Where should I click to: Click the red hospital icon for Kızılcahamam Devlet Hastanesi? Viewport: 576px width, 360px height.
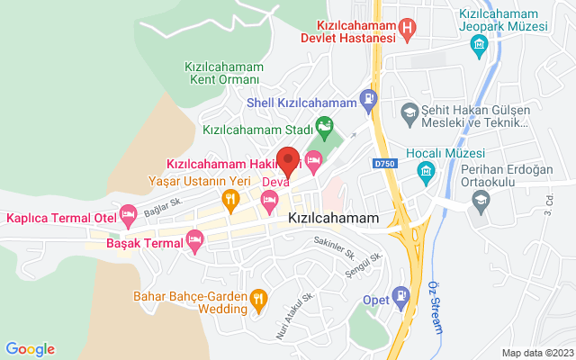point(408,31)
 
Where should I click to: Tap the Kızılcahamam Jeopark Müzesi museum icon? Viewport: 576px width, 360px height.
point(480,45)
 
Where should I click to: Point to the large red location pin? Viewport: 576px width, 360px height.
point(288,160)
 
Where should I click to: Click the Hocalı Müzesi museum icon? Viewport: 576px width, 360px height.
point(427,171)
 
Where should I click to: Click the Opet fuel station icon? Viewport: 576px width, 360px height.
point(401,293)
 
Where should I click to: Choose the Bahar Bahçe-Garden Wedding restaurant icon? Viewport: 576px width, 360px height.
point(259,298)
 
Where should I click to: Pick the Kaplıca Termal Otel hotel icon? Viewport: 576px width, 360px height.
point(128,214)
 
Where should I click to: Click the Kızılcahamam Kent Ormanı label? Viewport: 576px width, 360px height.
point(223,74)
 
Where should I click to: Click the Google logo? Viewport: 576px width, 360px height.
point(30,349)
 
